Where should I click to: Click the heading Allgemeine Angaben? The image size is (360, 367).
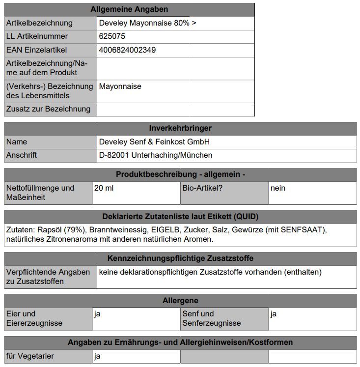coord(129,9)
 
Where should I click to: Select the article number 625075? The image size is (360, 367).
coord(112,36)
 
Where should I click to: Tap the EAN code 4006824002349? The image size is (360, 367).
coord(128,50)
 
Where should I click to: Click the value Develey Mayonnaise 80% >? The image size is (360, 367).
coord(147,23)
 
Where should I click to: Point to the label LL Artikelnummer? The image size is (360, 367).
coord(37,36)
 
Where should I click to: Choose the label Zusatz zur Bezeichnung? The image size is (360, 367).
coord(48,109)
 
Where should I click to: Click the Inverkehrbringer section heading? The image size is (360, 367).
coord(180,128)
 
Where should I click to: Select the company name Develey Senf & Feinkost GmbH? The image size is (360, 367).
coord(154,142)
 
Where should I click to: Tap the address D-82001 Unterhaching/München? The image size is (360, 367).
coord(156,155)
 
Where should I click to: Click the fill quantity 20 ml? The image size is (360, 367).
coord(104,188)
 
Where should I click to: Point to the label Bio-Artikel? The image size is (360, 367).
coord(202,188)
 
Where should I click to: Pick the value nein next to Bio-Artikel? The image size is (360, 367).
coord(278,188)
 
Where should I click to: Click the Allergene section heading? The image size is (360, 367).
coord(180,300)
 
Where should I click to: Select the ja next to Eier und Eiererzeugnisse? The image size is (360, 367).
coord(97,314)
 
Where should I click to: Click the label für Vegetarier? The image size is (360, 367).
coord(30,356)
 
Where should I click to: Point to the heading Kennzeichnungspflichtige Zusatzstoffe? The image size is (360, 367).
coord(180,258)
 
